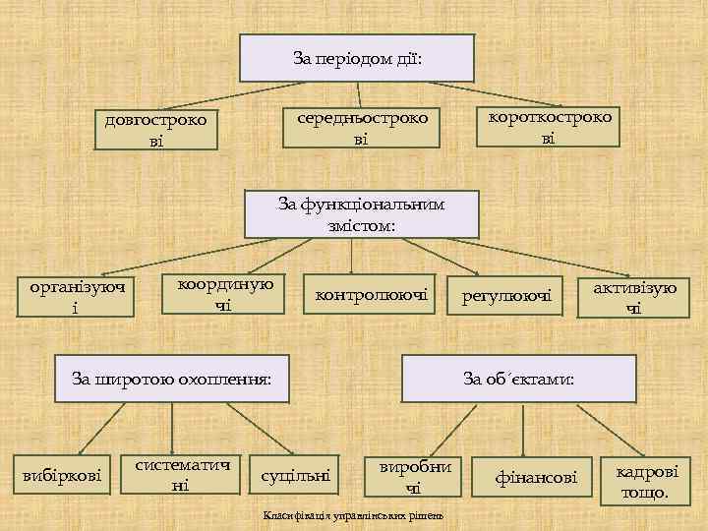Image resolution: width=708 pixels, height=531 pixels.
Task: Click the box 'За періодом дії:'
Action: coord(358,58)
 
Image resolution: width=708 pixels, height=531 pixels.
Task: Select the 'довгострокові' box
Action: coord(156,129)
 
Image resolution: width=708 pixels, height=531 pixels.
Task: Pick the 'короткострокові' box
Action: coord(548,126)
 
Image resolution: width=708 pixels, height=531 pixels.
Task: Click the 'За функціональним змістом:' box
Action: coord(362,214)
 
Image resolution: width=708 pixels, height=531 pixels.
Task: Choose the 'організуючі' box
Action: coord(78,297)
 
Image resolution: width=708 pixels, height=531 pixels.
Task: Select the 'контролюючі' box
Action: coord(371,294)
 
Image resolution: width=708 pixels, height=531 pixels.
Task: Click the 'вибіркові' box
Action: coord(62,477)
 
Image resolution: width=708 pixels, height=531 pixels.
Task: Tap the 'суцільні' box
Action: coord(295,477)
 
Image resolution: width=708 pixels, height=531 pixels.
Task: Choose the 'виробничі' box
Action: coord(413,477)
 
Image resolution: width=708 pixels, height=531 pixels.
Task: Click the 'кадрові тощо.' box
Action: coord(646,481)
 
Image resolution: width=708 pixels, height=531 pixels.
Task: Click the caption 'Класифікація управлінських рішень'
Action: coord(354,516)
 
